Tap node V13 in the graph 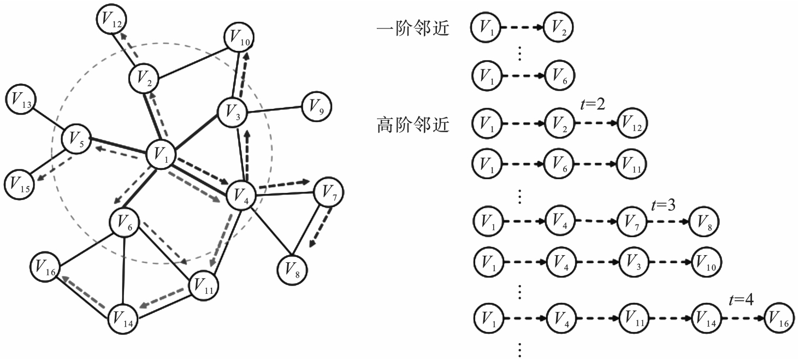21,101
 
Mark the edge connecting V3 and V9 275,110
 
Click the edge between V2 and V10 192,62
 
